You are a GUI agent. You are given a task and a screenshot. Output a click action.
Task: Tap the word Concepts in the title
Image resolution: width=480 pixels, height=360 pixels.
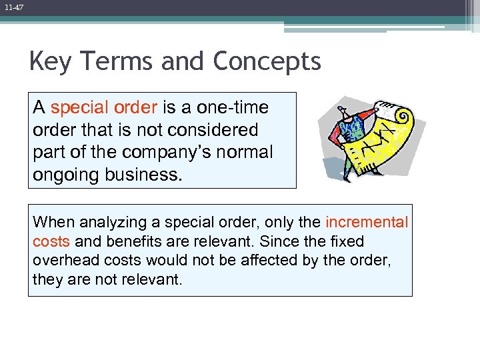pos(267,62)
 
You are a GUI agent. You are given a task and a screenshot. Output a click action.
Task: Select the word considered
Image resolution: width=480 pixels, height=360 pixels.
pos(215,129)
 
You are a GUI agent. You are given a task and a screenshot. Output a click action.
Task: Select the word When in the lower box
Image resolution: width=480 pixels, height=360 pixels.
pos(51,222)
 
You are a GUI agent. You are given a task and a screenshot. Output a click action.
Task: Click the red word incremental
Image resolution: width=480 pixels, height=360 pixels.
pos(367,222)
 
